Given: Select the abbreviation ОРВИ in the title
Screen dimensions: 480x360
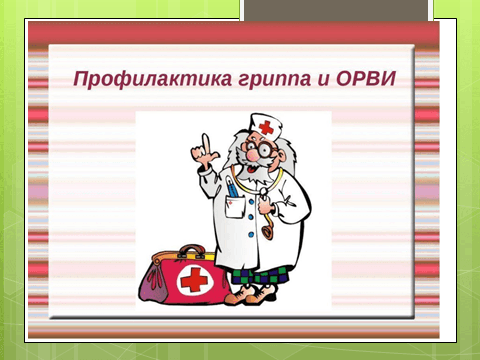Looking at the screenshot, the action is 366,78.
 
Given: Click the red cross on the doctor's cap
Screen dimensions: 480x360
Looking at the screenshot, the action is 266,127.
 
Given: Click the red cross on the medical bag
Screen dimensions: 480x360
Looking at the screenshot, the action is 194,279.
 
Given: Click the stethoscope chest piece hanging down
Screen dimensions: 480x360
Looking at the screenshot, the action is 268,232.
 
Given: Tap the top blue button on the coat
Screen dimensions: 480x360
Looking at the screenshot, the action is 251,202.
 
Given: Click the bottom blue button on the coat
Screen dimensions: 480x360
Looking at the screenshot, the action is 251,235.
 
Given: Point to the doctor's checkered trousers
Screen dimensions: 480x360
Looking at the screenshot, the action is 260,276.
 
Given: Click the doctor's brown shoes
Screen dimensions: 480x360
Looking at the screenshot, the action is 252,294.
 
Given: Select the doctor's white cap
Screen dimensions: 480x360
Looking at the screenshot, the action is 265,126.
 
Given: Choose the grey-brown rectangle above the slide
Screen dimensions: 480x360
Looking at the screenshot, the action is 336,10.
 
